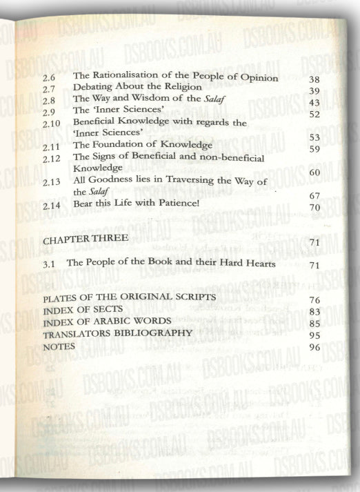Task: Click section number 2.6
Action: coord(49,79)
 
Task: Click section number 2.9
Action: coord(49,112)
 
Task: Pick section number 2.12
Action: coord(51,159)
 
